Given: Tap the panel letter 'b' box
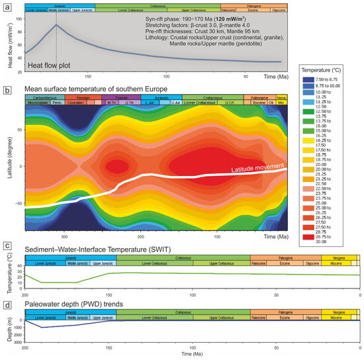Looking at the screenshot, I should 7,88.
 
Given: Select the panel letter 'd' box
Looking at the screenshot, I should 7,286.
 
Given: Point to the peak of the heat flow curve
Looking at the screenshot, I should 56,24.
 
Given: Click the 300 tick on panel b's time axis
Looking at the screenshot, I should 64,235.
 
